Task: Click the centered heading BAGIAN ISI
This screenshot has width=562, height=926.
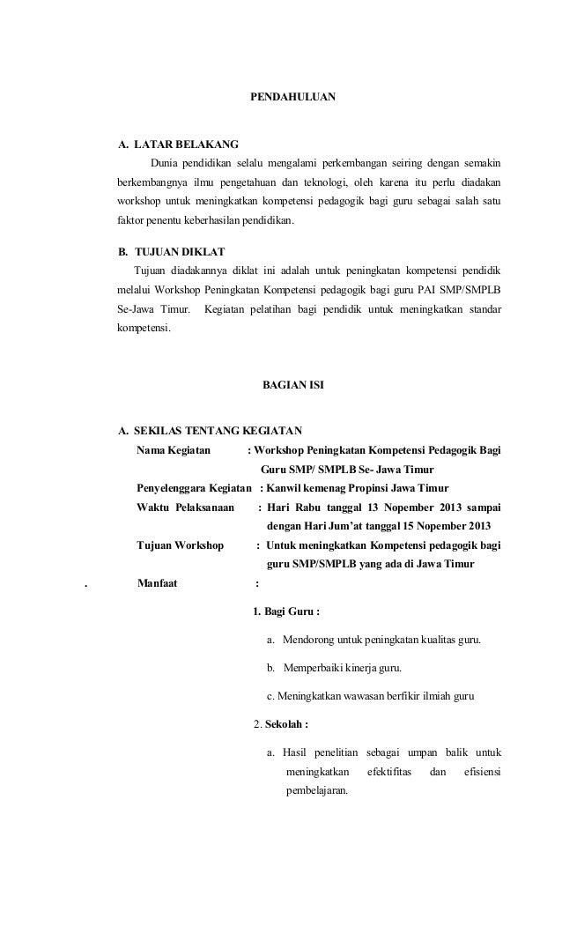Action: [x=293, y=386]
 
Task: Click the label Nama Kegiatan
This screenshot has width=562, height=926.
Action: [x=174, y=450]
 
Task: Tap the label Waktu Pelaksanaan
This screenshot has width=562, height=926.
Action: [x=185, y=508]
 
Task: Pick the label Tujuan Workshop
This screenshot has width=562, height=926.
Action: [x=181, y=545]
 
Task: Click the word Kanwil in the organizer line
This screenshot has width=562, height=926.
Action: [x=286, y=489]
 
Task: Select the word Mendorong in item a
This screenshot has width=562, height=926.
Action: [x=310, y=639]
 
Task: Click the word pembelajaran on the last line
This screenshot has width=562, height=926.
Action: [x=317, y=790]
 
